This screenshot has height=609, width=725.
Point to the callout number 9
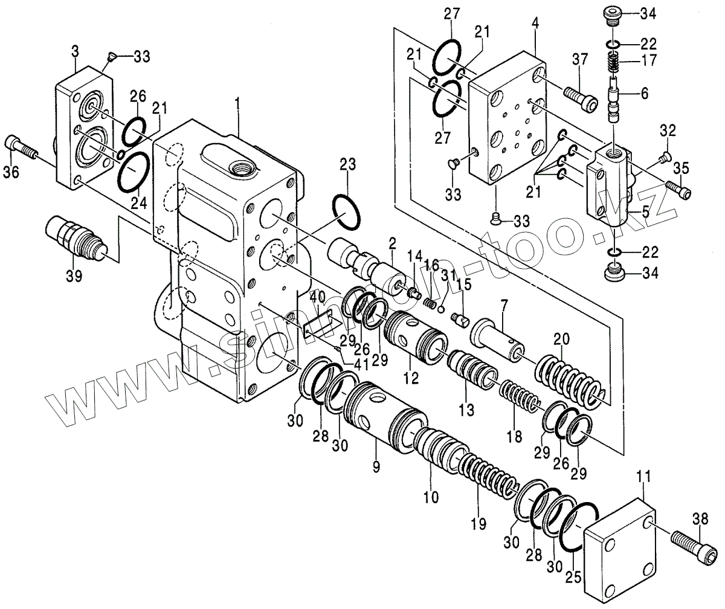tap(376, 466)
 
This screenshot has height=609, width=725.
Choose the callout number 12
tap(411, 379)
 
